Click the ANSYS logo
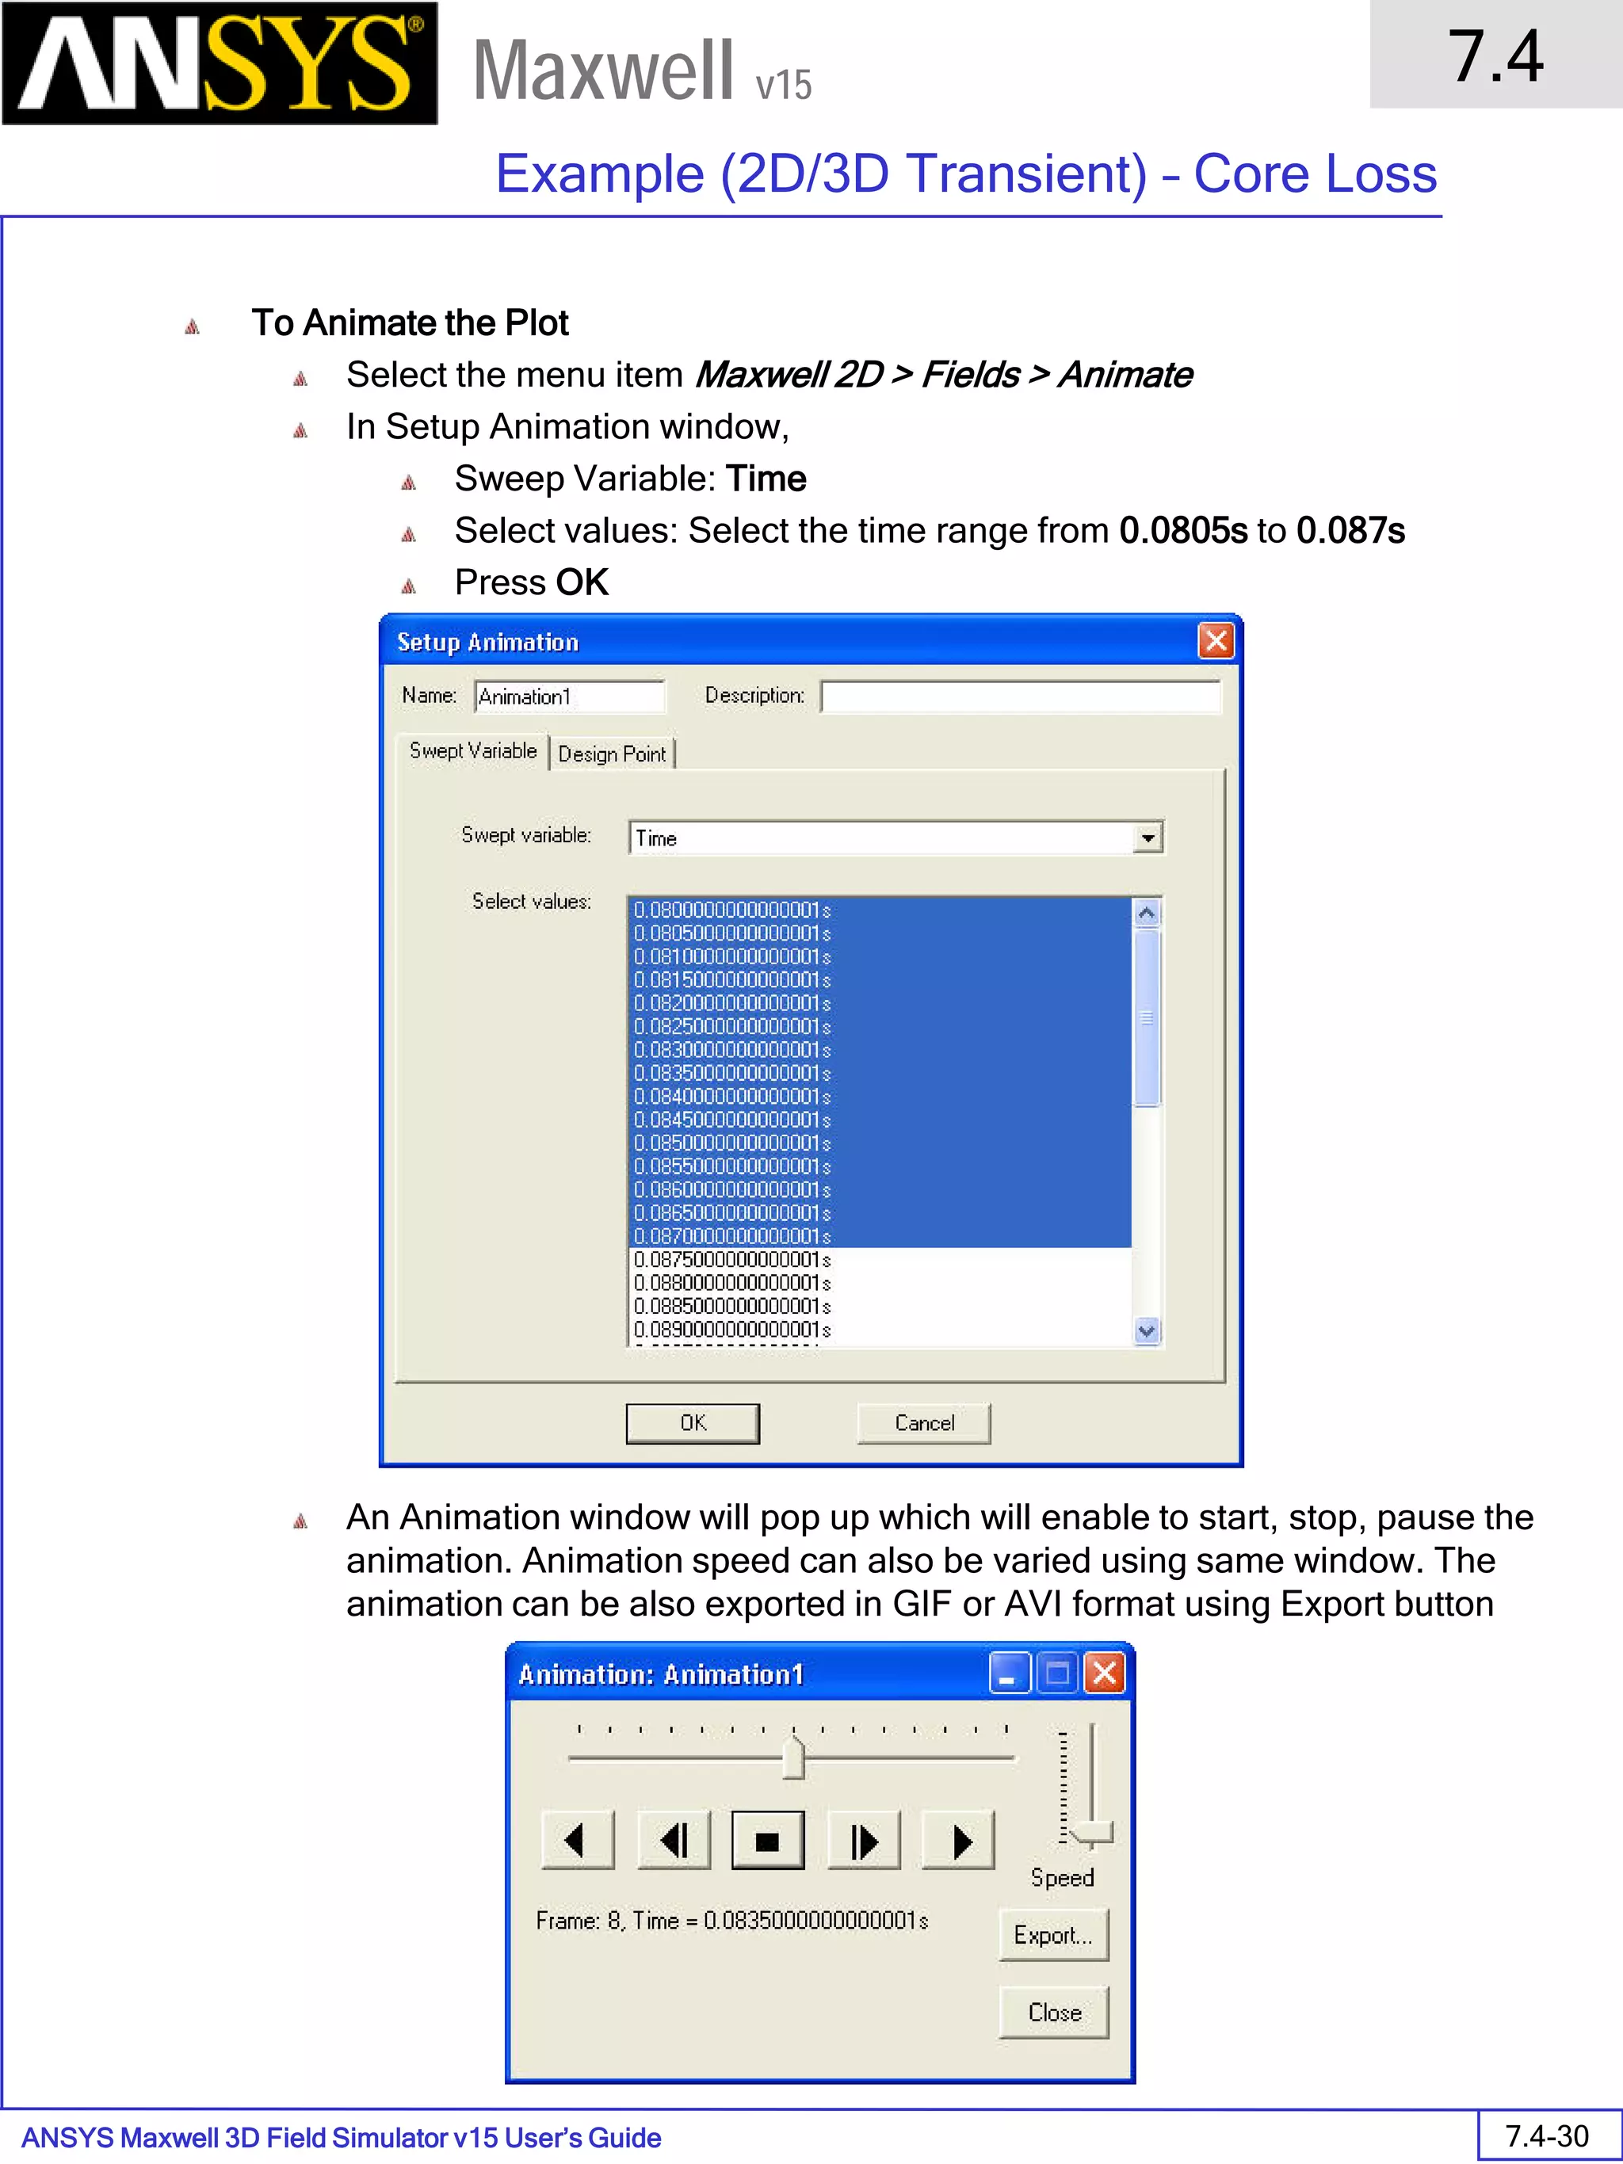tap(220, 63)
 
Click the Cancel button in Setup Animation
tap(923, 1423)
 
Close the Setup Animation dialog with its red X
tap(1215, 642)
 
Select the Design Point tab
tap(612, 754)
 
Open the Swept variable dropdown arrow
tap(1148, 838)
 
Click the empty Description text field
tap(1021, 697)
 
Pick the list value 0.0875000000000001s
tap(731, 1260)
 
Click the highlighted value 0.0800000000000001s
tap(731, 910)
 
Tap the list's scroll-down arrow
tap(1147, 1330)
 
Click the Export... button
tap(1052, 1935)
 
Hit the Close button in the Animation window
tap(1054, 2013)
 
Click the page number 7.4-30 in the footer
tap(1547, 2136)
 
